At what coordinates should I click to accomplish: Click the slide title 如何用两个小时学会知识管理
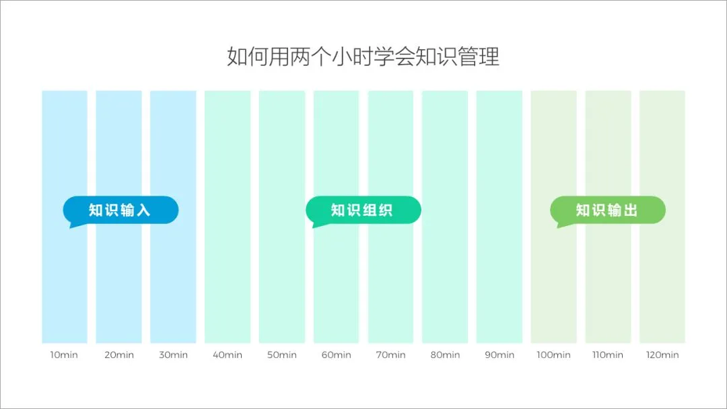pyautogui.click(x=363, y=57)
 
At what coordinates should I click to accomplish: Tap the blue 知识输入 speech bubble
pyautogui.click(x=120, y=210)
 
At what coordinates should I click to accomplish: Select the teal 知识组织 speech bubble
pyautogui.click(x=363, y=210)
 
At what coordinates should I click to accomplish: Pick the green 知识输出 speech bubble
pyautogui.click(x=607, y=210)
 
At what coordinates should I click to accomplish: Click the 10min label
pyautogui.click(x=65, y=355)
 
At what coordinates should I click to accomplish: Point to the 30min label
pyautogui.click(x=173, y=355)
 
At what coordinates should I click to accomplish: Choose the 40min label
pyautogui.click(x=228, y=355)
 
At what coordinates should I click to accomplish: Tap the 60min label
pyautogui.click(x=336, y=355)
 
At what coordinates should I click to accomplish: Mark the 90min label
pyautogui.click(x=499, y=355)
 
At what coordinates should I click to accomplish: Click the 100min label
pyautogui.click(x=553, y=355)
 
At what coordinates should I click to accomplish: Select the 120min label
pyautogui.click(x=662, y=355)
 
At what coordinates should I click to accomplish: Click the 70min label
pyautogui.click(x=390, y=355)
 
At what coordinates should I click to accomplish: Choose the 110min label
pyautogui.click(x=608, y=355)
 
